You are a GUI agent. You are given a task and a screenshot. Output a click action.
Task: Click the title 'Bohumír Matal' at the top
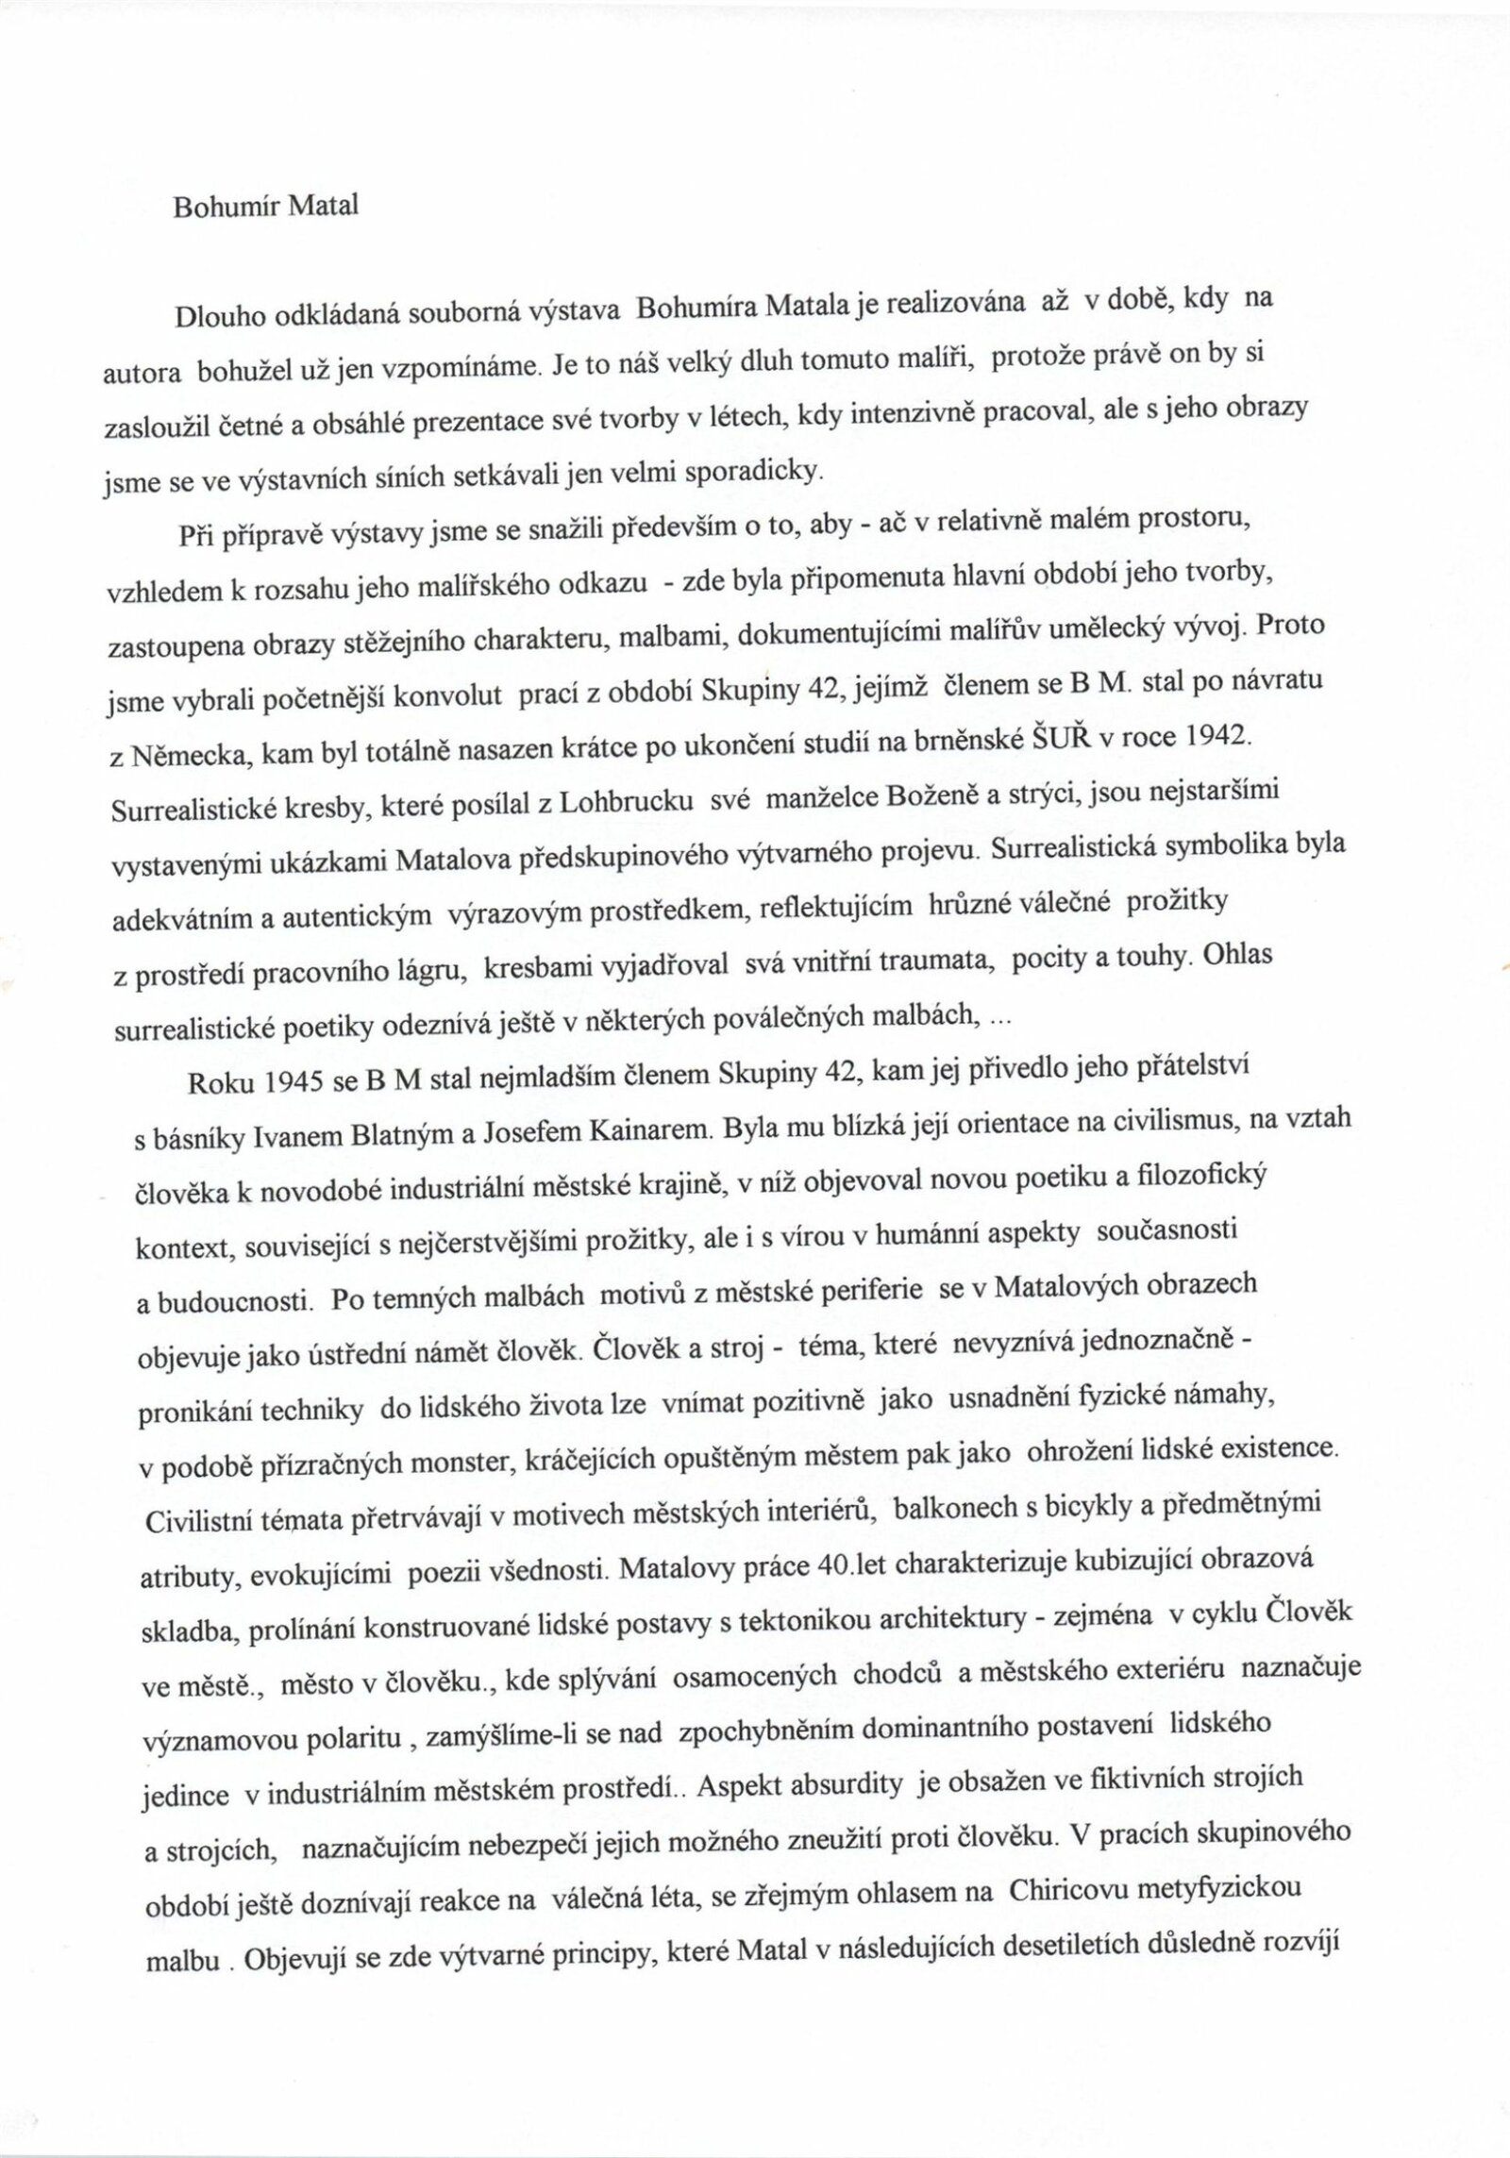pyautogui.click(x=265, y=209)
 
